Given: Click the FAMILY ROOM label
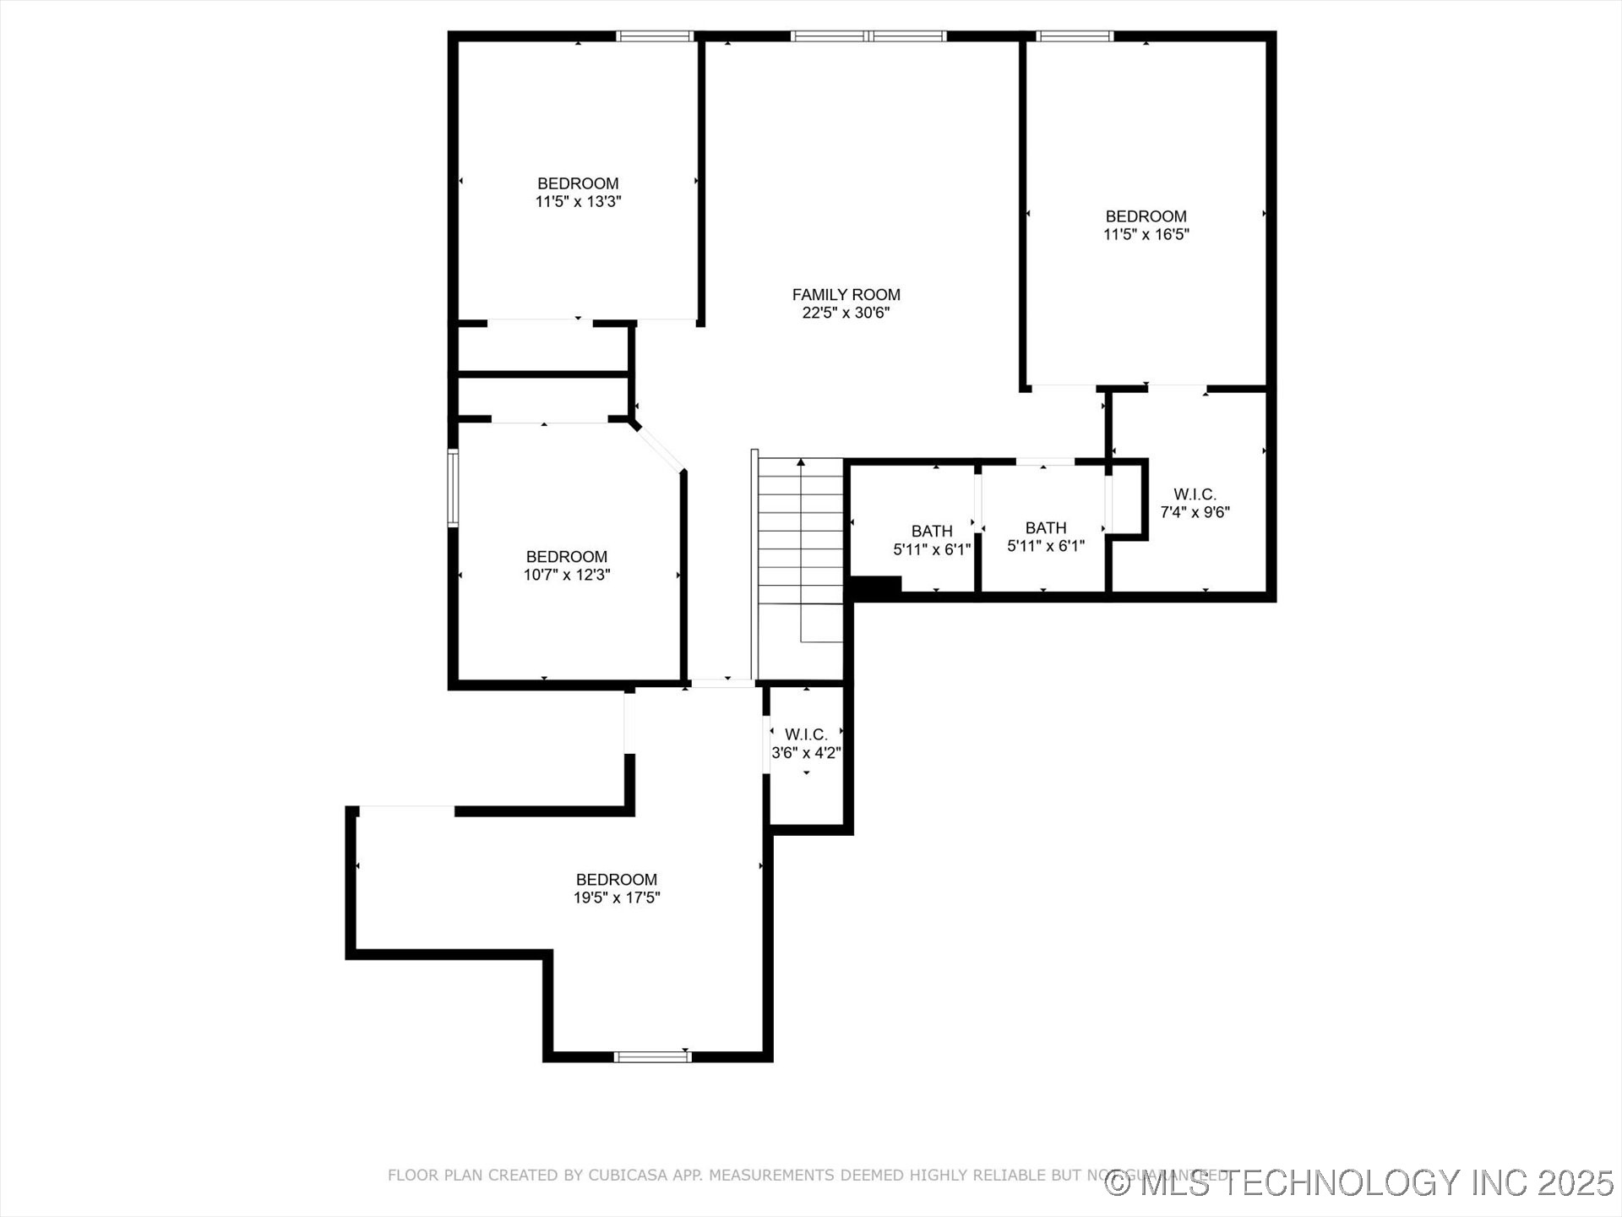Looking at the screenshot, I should [x=846, y=294].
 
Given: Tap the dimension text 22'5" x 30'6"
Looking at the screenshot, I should [x=846, y=313].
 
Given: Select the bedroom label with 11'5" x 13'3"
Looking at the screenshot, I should [x=578, y=183].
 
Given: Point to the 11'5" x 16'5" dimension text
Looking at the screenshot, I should [x=1146, y=234].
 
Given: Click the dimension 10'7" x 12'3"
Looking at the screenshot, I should [x=566, y=575].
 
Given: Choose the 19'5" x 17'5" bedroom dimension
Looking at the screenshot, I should [x=616, y=898].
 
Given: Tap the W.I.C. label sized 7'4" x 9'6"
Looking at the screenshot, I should [x=1195, y=494].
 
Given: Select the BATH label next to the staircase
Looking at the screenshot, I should [x=932, y=531].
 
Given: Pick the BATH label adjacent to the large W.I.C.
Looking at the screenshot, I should [x=1045, y=527].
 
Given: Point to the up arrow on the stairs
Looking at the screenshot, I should [x=800, y=463].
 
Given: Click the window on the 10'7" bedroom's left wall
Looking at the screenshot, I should [x=453, y=488].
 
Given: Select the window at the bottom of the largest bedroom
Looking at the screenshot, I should [x=652, y=1056].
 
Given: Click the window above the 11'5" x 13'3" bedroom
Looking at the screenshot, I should [x=655, y=36].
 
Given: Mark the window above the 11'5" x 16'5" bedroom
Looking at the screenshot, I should [x=1075, y=36].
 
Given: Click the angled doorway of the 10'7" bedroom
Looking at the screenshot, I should [x=659, y=447].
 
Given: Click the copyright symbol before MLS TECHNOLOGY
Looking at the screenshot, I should [x=1118, y=1183].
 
